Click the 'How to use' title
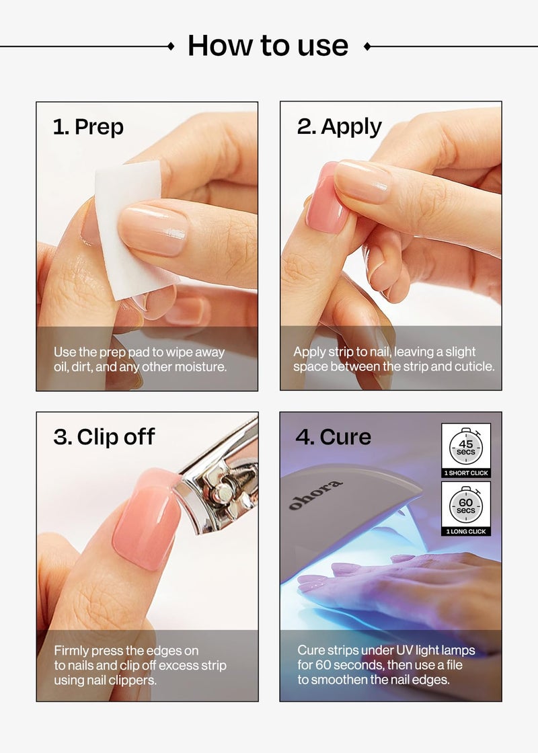(268, 46)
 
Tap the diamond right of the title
(367, 46)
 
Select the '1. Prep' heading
(88, 127)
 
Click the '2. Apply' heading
(339, 127)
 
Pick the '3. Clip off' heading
(104, 437)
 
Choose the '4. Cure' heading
(333, 437)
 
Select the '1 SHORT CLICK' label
(466, 473)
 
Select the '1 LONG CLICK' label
(466, 532)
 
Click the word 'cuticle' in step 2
(475, 367)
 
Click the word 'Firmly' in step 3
(71, 651)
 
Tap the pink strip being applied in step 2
(325, 198)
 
